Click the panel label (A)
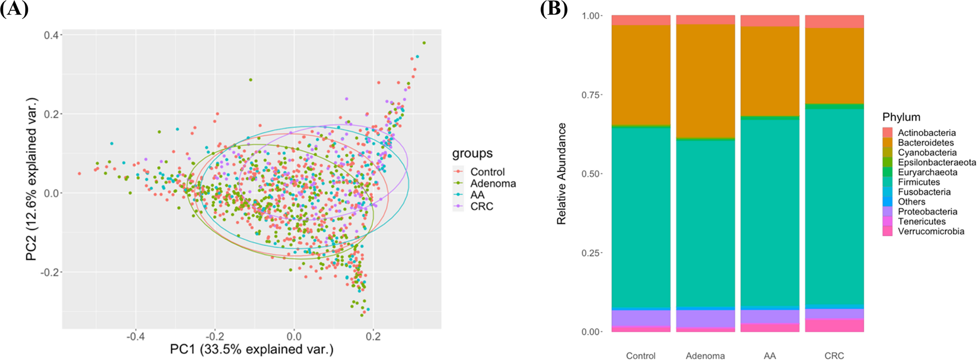(14, 9)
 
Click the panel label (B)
(554, 9)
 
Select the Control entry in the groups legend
(487, 172)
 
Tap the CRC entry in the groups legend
(482, 206)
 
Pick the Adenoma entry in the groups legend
(492, 183)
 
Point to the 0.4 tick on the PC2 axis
(51, 35)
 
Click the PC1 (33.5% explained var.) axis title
(252, 349)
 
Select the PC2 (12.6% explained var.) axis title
(32, 179)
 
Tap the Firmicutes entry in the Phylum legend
(919, 182)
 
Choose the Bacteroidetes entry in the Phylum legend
(925, 143)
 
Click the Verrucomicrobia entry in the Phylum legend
(931, 231)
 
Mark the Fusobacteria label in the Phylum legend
(924, 192)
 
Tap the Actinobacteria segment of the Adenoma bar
(705, 19)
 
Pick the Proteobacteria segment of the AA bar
(770, 317)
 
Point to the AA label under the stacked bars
(770, 356)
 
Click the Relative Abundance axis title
(561, 174)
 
